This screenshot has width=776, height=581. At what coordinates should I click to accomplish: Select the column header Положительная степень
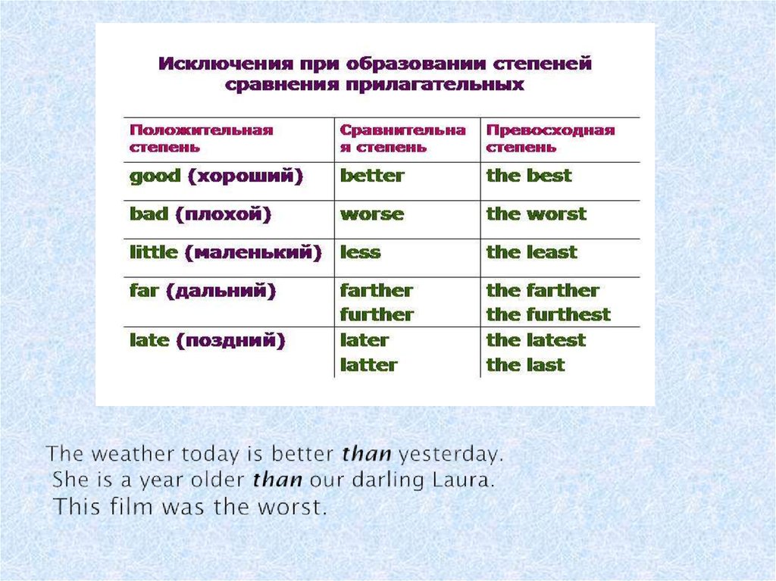(202, 139)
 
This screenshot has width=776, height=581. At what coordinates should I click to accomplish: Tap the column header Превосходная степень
(550, 139)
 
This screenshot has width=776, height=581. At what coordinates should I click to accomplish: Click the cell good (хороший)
(216, 176)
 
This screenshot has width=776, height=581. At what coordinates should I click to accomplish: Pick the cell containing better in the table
(372, 176)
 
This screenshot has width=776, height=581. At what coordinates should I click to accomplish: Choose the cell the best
(529, 176)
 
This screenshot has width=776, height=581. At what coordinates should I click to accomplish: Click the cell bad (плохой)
(200, 215)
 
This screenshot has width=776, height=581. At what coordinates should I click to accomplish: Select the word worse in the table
(372, 215)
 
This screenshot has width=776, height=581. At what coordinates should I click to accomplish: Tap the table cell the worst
(537, 214)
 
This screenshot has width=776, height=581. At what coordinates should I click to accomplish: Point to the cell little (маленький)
(226, 253)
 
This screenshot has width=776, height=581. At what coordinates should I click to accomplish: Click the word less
(360, 252)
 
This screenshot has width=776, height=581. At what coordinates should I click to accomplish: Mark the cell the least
(531, 252)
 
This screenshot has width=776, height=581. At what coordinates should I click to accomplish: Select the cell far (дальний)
(202, 291)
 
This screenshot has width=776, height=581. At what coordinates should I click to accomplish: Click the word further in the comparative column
(377, 315)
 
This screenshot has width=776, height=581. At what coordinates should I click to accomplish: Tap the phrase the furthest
(549, 315)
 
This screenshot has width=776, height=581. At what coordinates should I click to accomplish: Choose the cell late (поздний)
(208, 341)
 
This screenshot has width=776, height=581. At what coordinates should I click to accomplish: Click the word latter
(369, 365)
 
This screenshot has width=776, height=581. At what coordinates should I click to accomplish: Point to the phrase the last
(526, 365)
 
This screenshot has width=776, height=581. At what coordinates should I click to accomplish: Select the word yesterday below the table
(451, 455)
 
